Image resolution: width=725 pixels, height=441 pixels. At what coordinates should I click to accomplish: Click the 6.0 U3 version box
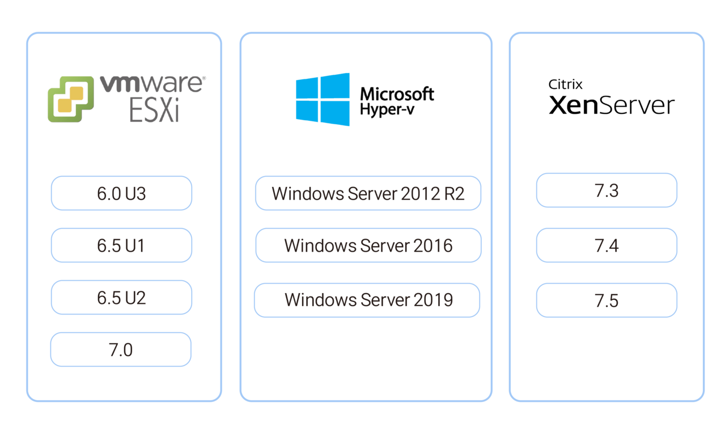point(121,193)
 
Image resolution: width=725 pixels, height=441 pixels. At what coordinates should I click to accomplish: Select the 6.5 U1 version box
point(121,245)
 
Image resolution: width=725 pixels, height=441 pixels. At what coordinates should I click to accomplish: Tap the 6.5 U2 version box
point(121,298)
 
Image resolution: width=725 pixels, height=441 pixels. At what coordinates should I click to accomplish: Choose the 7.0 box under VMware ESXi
point(121,349)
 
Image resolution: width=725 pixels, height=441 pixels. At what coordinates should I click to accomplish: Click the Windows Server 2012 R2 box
point(368,193)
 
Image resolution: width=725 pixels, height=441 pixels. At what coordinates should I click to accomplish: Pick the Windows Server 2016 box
point(368,245)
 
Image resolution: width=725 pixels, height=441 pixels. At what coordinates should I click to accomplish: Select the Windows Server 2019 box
point(367,300)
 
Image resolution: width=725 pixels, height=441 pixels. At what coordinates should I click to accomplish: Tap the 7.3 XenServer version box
point(607,190)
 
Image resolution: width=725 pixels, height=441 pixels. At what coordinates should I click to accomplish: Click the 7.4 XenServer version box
point(607,245)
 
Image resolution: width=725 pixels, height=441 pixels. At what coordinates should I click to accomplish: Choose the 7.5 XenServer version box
point(607,300)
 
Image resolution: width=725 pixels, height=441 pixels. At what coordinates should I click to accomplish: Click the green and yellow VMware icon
point(71,99)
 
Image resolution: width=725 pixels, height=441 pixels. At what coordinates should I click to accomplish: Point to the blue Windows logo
point(323,99)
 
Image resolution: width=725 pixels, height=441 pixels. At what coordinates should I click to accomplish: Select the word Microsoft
point(397,94)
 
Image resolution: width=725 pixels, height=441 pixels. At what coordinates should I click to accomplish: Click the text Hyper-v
point(387,109)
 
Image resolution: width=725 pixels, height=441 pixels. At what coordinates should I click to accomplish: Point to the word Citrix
point(565,84)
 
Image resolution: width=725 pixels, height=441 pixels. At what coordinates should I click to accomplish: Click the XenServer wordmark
point(612,105)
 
